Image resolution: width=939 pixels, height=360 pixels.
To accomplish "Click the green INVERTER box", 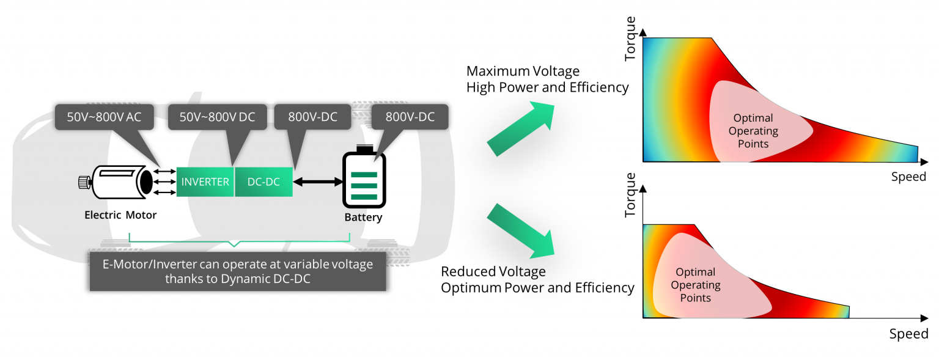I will (205, 182).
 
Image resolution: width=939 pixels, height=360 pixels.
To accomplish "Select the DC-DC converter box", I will (263, 182).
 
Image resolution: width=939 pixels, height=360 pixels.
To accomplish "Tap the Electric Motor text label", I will (120, 215).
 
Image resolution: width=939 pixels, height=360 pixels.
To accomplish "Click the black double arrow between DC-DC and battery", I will (317, 182).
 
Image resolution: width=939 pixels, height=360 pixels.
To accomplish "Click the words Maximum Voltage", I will (523, 72).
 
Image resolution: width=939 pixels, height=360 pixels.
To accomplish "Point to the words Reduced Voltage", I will (493, 271).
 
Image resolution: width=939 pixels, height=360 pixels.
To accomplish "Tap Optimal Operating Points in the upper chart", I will (753, 131).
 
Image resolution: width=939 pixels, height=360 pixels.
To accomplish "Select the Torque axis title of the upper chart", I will (631, 39).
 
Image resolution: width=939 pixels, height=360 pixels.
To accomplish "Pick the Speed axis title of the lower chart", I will (908, 334).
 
